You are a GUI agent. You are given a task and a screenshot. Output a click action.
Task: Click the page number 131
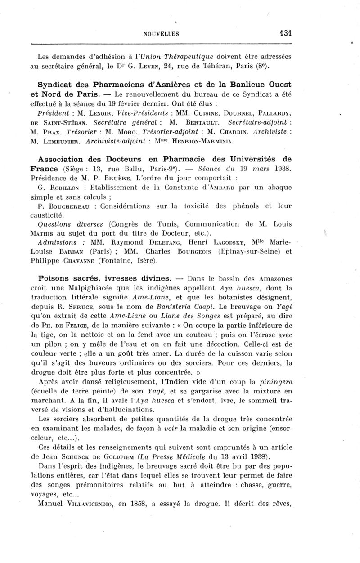(x=285, y=33)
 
